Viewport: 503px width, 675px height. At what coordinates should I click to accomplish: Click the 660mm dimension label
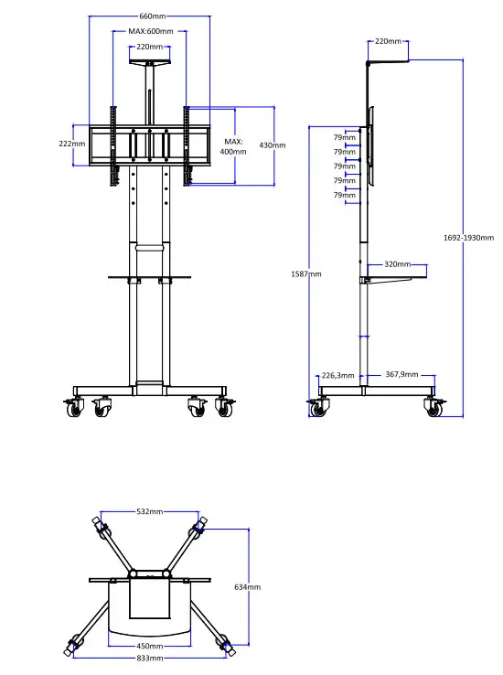[x=152, y=16]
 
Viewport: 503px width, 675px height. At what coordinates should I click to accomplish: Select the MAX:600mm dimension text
[x=150, y=32]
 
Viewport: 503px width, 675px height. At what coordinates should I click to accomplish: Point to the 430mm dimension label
[x=273, y=145]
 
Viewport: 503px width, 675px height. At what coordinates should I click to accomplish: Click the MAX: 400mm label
[x=233, y=146]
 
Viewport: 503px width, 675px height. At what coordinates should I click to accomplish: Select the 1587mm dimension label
[x=308, y=273]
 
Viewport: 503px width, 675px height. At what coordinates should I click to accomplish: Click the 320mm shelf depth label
[x=398, y=264]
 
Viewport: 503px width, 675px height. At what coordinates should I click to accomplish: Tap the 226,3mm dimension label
[x=337, y=375]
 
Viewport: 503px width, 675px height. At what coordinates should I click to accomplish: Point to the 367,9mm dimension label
[x=401, y=375]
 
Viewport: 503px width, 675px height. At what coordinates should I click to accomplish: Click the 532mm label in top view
[x=150, y=512]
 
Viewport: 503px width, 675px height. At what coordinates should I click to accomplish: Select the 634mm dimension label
[x=247, y=587]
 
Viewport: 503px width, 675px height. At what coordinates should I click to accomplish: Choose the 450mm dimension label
[x=149, y=646]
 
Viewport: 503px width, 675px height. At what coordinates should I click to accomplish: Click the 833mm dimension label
[x=150, y=658]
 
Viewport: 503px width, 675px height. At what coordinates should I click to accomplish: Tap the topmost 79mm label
[x=344, y=138]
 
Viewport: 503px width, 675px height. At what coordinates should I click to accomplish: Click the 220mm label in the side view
[x=388, y=42]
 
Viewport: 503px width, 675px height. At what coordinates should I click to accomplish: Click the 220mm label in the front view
[x=150, y=47]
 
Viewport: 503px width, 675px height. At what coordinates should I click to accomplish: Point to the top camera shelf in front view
[x=150, y=62]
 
